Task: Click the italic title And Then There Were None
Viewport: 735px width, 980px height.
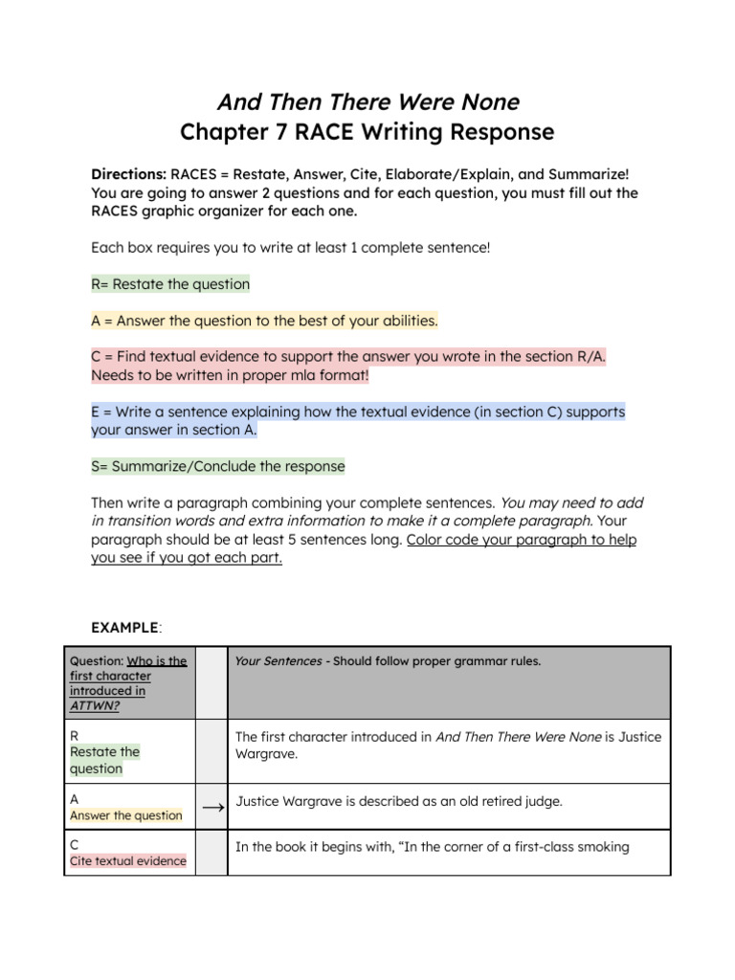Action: [367, 101]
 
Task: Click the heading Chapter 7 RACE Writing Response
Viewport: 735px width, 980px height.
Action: [367, 132]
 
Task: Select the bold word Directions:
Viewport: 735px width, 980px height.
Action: [128, 175]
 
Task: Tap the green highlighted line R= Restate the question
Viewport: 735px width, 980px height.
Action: [170, 284]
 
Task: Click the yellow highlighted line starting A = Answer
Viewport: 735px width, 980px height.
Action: [264, 321]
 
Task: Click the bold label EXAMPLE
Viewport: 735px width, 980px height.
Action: [124, 628]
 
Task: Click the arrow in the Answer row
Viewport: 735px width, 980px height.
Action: [212, 808]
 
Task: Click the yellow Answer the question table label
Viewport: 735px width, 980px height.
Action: [125, 815]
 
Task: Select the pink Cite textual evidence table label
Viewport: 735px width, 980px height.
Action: [128, 861]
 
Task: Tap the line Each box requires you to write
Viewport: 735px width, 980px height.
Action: [290, 247]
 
